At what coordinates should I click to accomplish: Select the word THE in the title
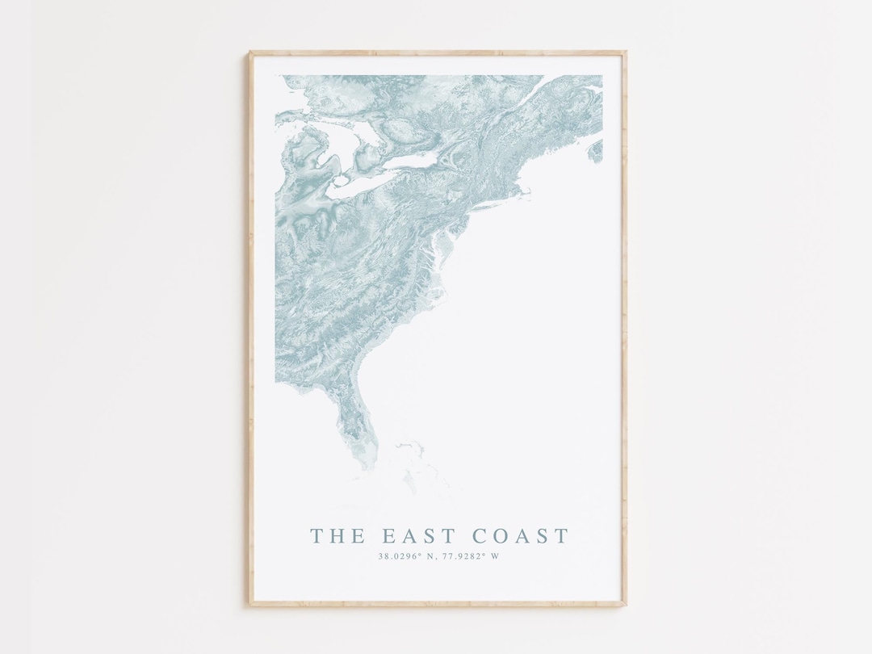click(337, 535)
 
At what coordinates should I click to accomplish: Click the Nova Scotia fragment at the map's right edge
click(596, 150)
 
